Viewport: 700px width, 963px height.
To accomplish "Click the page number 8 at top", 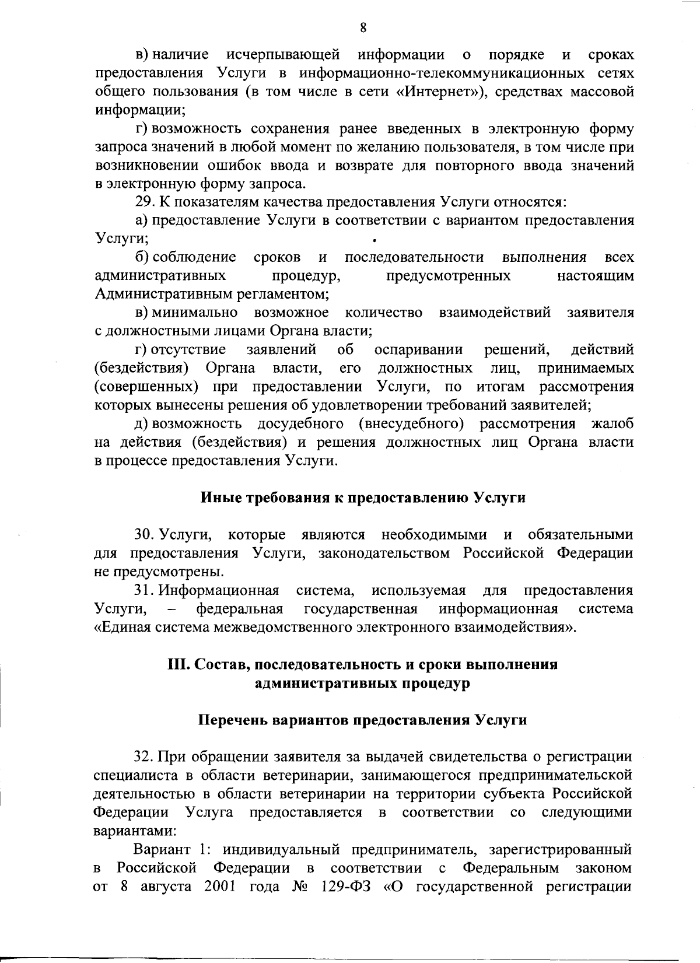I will point(362,27).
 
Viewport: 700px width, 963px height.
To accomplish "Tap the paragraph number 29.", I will point(143,203).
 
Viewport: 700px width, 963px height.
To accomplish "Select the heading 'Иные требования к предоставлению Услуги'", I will point(363,498).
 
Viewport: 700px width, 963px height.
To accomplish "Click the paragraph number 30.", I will point(144,535).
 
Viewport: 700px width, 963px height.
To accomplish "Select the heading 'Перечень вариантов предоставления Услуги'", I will point(363,720).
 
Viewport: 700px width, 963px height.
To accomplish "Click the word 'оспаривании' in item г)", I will point(418,350).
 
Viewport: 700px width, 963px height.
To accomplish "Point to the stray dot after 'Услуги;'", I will point(373,239).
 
